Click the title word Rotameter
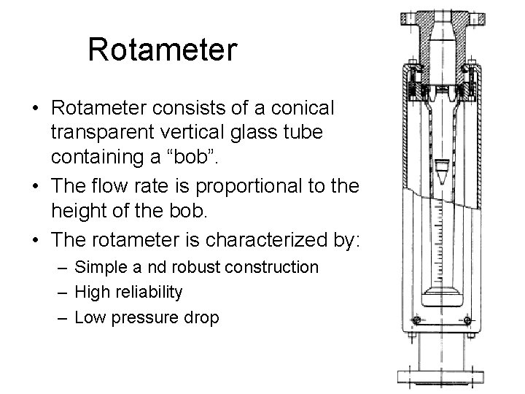[x=162, y=50]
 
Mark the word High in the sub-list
[x=91, y=292]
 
